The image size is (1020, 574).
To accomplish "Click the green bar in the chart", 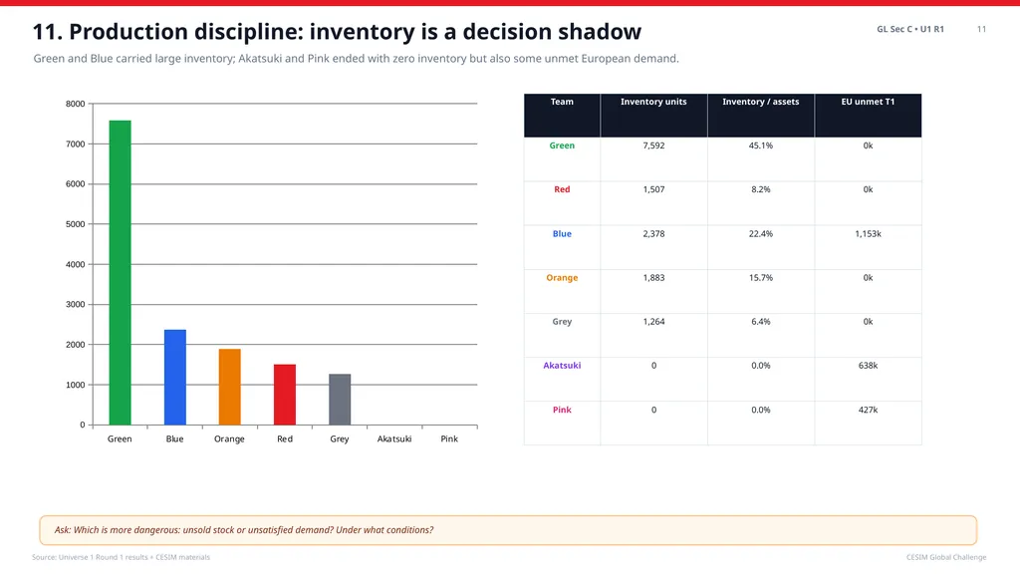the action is pyautogui.click(x=120, y=273).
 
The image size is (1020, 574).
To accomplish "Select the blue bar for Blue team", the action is pyautogui.click(x=175, y=378).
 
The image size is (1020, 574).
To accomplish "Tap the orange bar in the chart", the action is pyautogui.click(x=230, y=388).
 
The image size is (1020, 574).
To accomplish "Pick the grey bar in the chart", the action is pyautogui.click(x=340, y=400).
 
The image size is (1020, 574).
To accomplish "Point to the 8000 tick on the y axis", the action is pyautogui.click(x=76, y=104).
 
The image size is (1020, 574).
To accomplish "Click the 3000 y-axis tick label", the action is pyautogui.click(x=76, y=305).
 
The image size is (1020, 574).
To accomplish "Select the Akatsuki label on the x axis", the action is pyautogui.click(x=394, y=438).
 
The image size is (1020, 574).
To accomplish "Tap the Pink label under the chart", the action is pyautogui.click(x=449, y=438).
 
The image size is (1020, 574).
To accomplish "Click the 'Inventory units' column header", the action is pyautogui.click(x=653, y=102).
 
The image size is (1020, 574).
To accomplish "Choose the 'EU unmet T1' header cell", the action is pyautogui.click(x=868, y=102).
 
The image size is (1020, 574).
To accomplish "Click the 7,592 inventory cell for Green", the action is pyautogui.click(x=653, y=145).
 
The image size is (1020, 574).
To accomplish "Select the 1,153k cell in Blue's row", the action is pyautogui.click(x=868, y=233).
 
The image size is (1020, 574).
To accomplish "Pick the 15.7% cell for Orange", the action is pyautogui.click(x=760, y=278).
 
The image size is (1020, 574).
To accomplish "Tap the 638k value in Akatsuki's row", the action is pyautogui.click(x=868, y=366).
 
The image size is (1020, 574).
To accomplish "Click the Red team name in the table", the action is pyautogui.click(x=562, y=189).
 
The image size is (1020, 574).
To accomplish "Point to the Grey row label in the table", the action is pyautogui.click(x=562, y=322).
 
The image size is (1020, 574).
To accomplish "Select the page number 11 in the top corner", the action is pyautogui.click(x=981, y=29).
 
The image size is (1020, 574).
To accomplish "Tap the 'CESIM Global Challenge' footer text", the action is pyautogui.click(x=946, y=557).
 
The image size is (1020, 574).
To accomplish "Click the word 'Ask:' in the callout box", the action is pyautogui.click(x=63, y=530).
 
